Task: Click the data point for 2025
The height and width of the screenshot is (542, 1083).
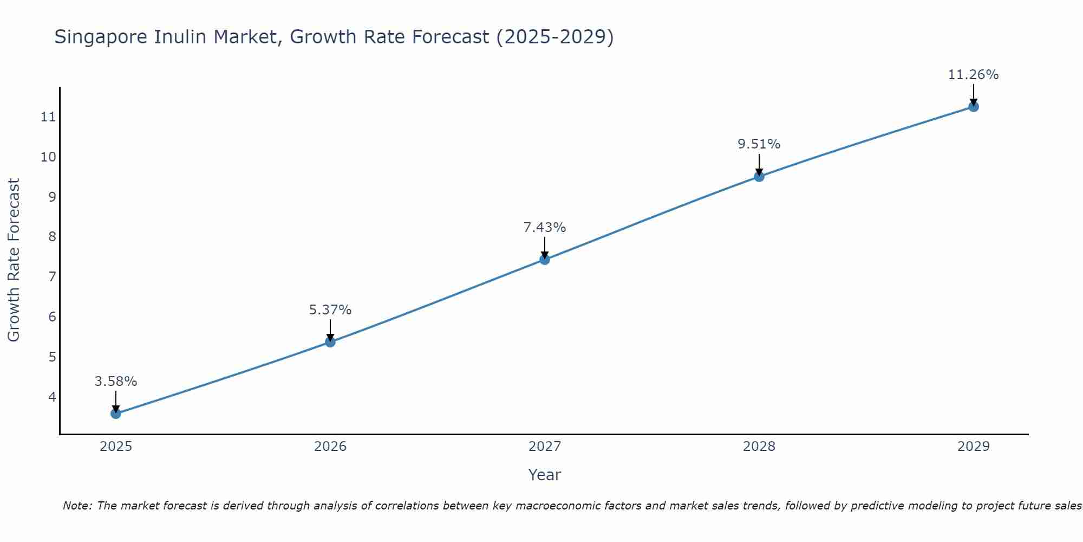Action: pyautogui.click(x=116, y=414)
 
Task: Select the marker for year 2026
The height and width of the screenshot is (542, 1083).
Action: pyautogui.click(x=330, y=342)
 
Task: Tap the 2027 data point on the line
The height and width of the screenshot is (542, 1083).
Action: pyautogui.click(x=545, y=260)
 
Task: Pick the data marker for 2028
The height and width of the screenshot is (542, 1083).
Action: pyautogui.click(x=759, y=176)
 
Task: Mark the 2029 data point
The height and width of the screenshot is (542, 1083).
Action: pyautogui.click(x=974, y=107)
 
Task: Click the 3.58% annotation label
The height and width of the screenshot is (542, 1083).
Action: pyautogui.click(x=116, y=382)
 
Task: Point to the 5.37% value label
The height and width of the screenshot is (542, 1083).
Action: pyautogui.click(x=330, y=310)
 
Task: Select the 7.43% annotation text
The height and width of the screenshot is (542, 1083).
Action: pyautogui.click(x=545, y=228)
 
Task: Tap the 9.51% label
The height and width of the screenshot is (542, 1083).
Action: pyautogui.click(x=759, y=144)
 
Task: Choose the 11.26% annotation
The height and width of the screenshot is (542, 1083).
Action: pyautogui.click(x=974, y=75)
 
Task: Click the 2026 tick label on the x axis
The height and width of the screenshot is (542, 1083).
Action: pyautogui.click(x=330, y=447)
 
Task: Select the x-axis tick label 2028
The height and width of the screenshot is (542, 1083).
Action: pyautogui.click(x=759, y=447)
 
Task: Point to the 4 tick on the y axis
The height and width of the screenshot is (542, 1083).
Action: pyautogui.click(x=52, y=397)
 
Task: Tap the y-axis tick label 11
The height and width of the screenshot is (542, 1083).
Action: pyautogui.click(x=49, y=117)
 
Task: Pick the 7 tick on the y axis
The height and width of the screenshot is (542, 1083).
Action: pyautogui.click(x=52, y=277)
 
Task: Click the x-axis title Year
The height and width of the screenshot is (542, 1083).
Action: pyautogui.click(x=545, y=475)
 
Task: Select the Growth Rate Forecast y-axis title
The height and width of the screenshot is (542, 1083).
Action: pyautogui.click(x=14, y=260)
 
